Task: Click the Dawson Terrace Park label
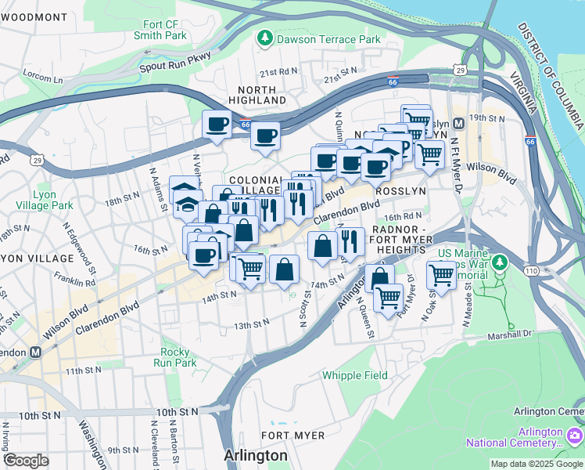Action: point(328,39)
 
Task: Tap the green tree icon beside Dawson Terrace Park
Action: point(266,38)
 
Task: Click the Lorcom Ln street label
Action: point(43,78)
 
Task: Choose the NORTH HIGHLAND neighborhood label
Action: point(257,95)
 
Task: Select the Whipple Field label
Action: point(355,375)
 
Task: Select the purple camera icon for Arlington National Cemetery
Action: point(575,435)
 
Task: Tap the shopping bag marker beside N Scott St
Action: point(285,269)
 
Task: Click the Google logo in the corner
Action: point(26,461)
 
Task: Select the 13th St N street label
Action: point(251,323)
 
